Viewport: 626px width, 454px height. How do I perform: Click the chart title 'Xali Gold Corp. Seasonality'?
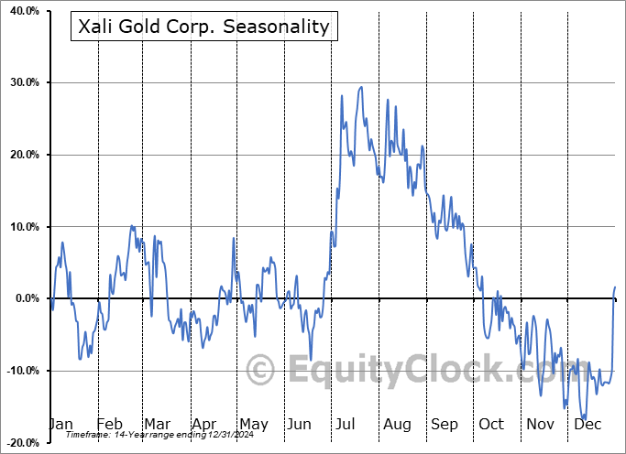203,26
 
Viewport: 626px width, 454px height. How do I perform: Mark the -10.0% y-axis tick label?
21,371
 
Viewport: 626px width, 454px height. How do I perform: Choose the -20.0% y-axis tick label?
21,443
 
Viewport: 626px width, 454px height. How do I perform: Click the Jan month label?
60,424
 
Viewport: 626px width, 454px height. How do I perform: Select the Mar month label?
157,424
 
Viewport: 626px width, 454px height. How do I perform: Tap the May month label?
253,424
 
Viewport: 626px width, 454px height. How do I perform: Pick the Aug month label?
397,424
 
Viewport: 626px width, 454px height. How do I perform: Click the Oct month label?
491,424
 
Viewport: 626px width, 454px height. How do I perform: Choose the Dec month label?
588,424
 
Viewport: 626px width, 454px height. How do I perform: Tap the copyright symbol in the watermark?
261,371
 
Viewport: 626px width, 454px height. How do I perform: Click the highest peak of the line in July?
361,87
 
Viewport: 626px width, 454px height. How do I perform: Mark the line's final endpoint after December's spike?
615,287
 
